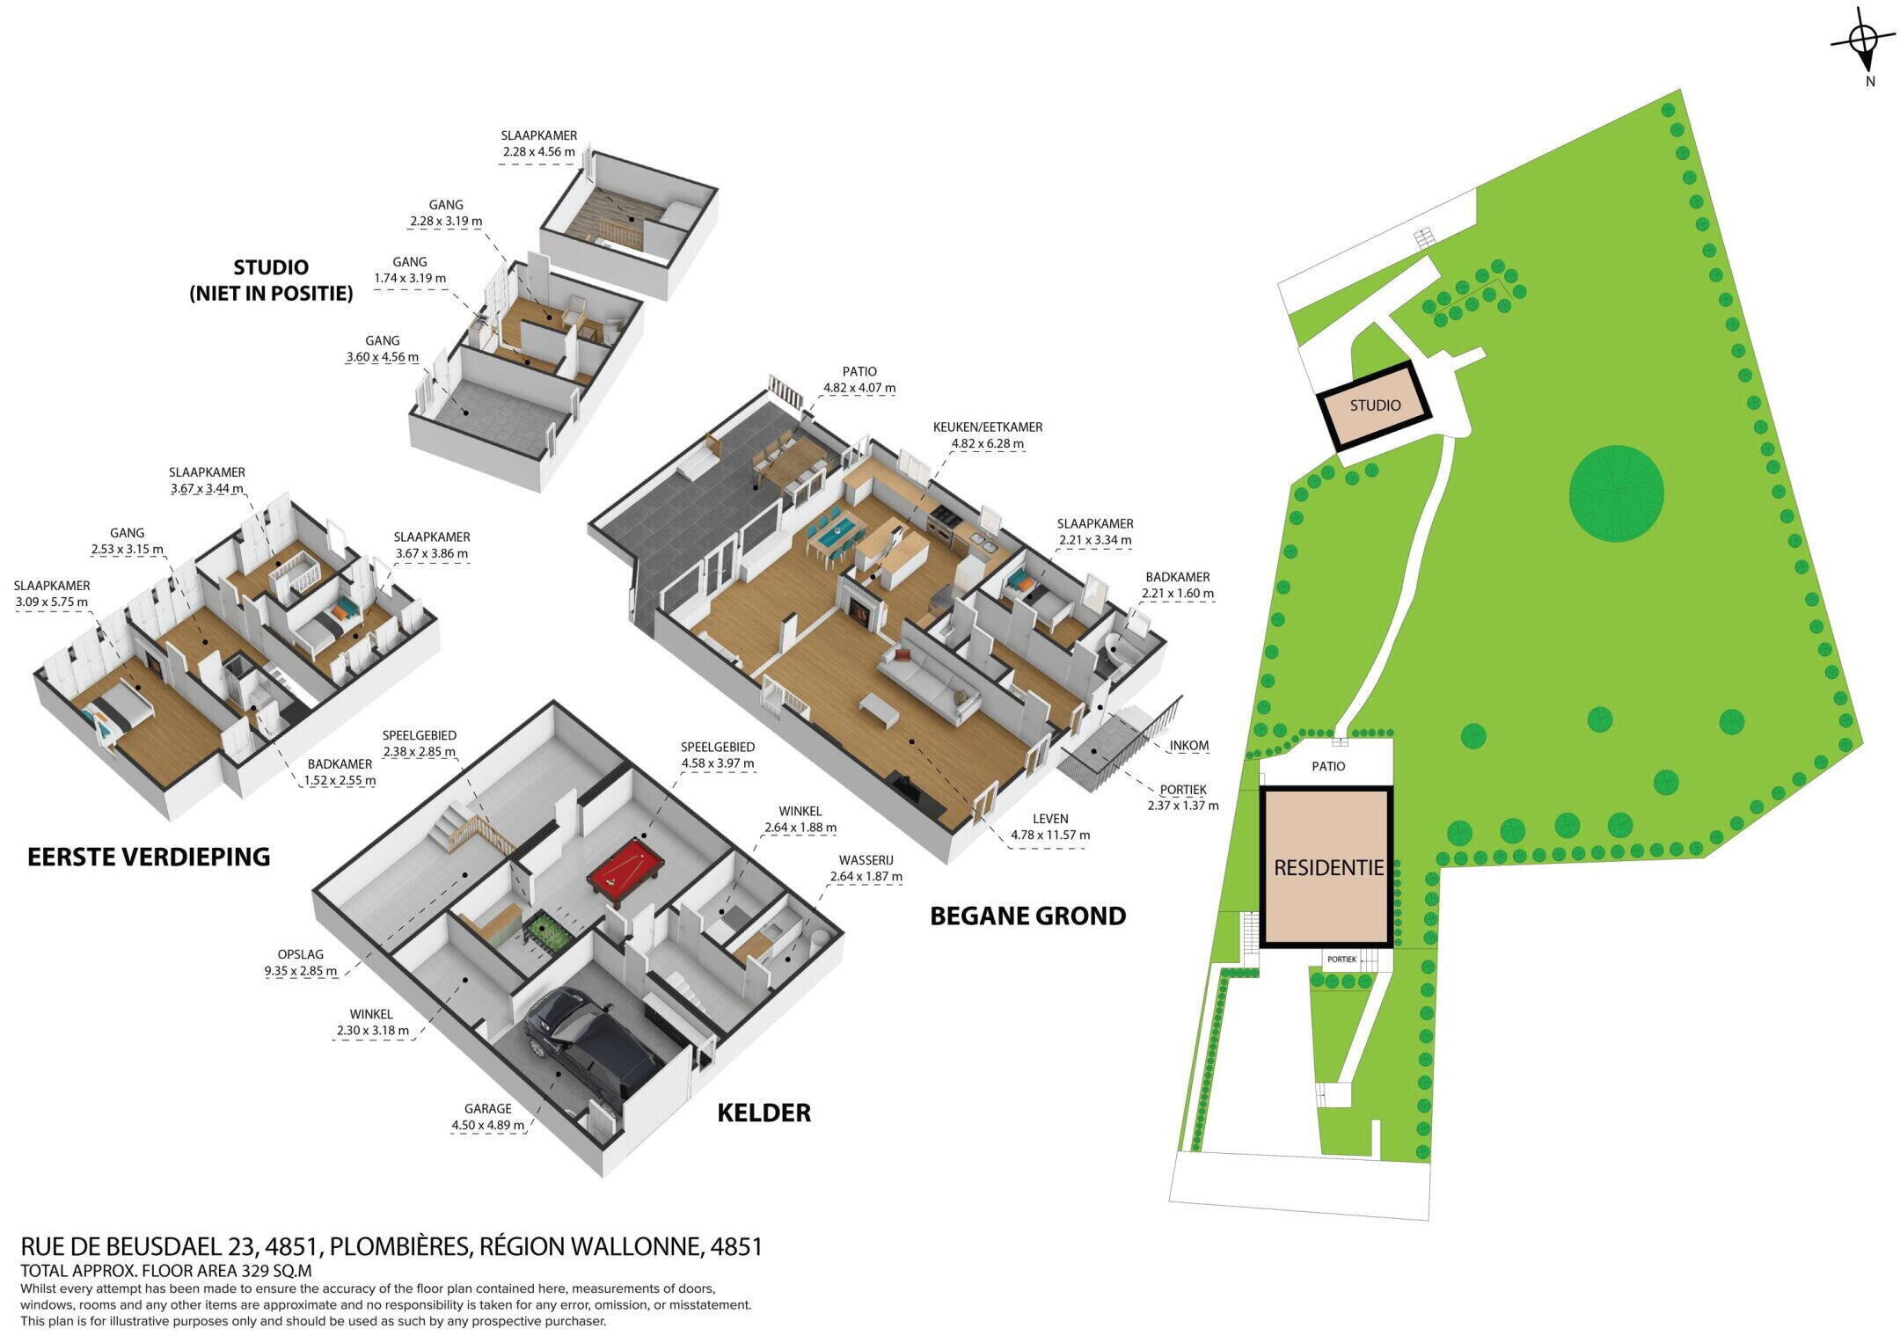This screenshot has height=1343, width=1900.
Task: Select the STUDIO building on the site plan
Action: coord(1375,405)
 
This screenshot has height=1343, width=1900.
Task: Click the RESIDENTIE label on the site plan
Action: coord(1329,868)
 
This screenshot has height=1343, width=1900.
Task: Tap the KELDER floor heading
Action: coord(764,1113)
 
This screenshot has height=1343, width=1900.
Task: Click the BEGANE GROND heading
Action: coord(1027,916)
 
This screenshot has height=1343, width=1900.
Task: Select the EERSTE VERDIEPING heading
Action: coord(149,857)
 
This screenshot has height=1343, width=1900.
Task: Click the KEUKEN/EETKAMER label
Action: coord(988,427)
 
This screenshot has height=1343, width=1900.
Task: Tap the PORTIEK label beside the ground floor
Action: coord(1183,790)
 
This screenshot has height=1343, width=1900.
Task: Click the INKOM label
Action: coord(1189,746)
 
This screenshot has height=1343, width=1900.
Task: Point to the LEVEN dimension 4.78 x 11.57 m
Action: coord(1050,836)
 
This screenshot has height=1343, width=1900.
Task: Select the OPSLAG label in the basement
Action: coord(301,954)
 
